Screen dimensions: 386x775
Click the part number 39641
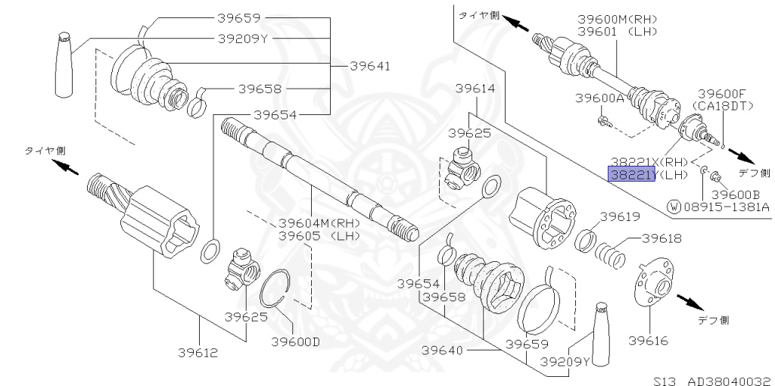coord(370,66)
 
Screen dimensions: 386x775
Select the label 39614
coord(475,89)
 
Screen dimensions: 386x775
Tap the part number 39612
coord(198,352)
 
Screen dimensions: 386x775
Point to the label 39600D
coord(295,341)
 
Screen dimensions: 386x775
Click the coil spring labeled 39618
coord(609,253)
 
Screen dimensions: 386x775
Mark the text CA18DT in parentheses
coord(724,104)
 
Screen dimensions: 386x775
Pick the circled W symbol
coord(674,205)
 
